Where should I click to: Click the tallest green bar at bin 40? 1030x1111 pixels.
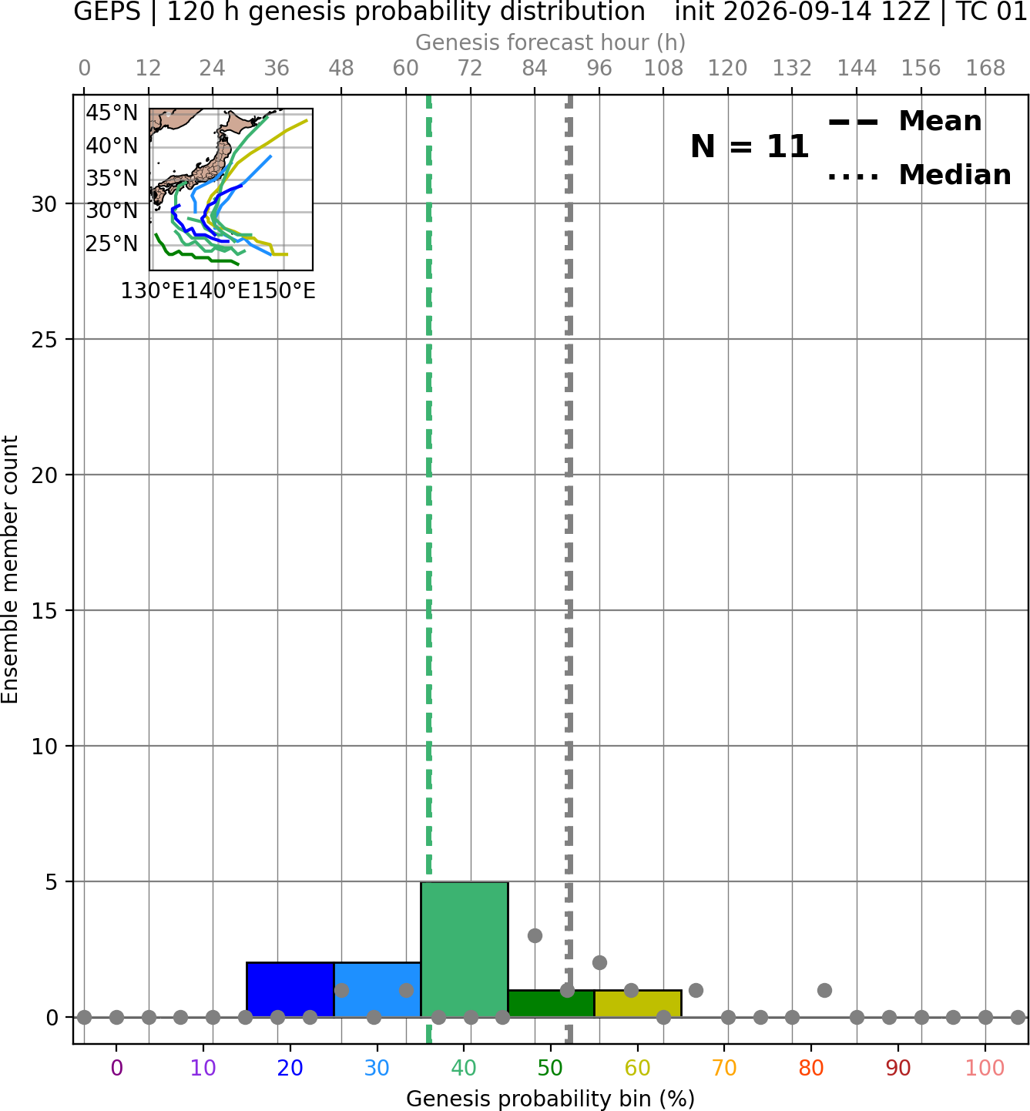(465, 949)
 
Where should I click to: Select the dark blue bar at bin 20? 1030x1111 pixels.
(290, 989)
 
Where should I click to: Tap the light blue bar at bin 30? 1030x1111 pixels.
(377, 989)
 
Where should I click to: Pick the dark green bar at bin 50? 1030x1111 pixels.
(551, 1004)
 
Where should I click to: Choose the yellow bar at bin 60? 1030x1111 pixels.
(638, 1004)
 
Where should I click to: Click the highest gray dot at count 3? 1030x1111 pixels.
(535, 936)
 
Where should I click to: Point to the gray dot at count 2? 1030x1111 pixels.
(599, 963)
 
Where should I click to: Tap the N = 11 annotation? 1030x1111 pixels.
(750, 146)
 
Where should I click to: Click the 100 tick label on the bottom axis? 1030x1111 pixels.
(985, 1068)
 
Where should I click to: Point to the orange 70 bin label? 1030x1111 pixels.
(724, 1068)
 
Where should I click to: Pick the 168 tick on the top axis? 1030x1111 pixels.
(986, 69)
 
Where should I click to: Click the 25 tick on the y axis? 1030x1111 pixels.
(44, 340)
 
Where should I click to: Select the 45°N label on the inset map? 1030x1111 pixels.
(112, 113)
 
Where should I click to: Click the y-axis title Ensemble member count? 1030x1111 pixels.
(9, 569)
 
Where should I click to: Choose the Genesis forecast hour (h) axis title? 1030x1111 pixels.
(551, 42)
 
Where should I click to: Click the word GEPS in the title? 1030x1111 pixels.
(107, 12)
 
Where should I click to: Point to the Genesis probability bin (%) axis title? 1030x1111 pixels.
(551, 1099)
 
